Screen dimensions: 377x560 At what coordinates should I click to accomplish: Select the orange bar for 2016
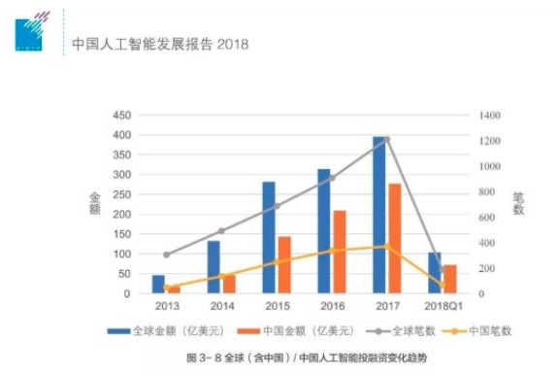[339, 252]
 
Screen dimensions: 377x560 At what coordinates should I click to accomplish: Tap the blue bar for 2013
[158, 284]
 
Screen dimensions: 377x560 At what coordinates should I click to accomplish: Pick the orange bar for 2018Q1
[449, 279]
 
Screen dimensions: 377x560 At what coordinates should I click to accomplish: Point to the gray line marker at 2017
[387, 139]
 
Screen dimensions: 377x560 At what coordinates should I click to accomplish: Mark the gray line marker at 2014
[221, 231]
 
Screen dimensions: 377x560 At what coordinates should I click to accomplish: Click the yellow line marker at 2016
[332, 251]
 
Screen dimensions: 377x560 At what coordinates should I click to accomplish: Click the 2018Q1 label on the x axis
[443, 307]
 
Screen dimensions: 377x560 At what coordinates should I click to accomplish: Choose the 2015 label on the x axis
[277, 307]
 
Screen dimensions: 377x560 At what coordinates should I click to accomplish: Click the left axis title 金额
[95, 204]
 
